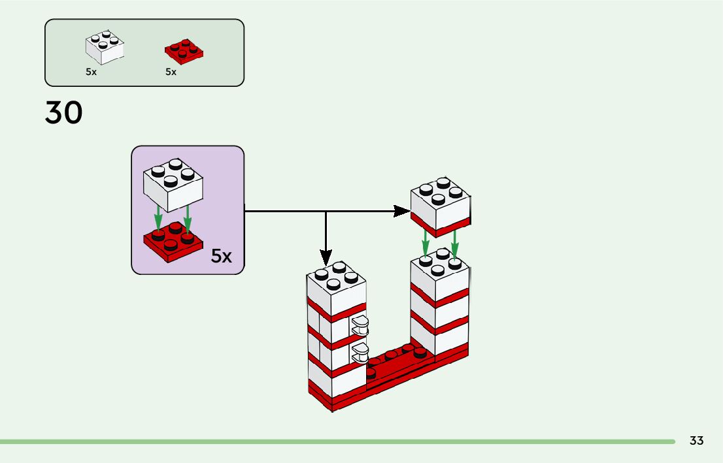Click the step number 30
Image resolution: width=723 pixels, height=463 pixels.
coord(63,113)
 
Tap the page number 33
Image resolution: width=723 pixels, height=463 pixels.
coord(696,441)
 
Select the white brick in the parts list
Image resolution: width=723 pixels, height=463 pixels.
coord(105,48)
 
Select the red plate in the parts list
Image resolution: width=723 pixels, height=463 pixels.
coord(184,52)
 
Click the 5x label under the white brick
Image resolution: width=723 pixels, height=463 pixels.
coord(91,72)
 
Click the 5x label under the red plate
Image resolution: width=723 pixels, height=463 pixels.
coord(171,72)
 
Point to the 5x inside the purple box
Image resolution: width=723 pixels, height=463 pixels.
coord(222,257)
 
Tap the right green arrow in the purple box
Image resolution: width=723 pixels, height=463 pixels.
coord(188,219)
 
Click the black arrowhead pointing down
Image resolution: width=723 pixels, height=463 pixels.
coord(326,257)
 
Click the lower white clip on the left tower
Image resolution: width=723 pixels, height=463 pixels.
coord(360,353)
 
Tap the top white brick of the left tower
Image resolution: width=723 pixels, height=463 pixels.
coord(335,291)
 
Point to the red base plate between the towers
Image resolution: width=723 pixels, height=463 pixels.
coord(399,368)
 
